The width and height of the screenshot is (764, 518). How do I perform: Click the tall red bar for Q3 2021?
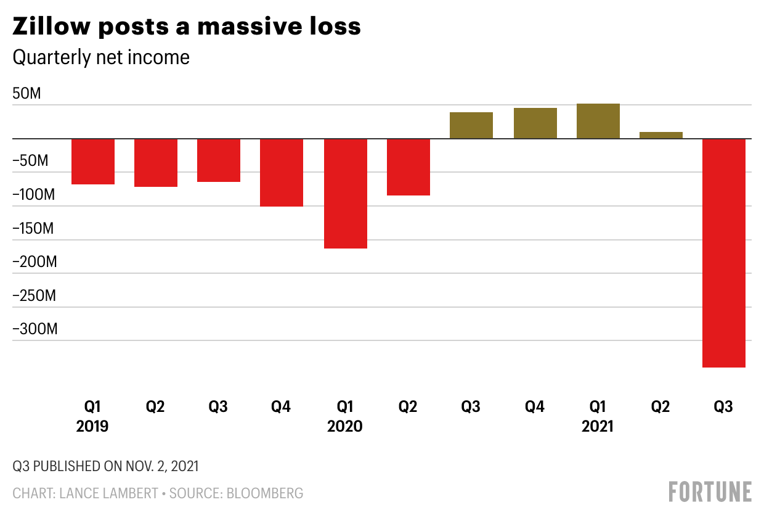(724, 253)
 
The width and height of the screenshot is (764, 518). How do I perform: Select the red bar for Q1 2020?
(346, 194)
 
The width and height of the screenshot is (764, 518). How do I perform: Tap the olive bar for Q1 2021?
(598, 121)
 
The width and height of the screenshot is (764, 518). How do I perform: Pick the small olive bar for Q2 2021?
(661, 135)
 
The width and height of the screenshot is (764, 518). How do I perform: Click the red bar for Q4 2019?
(282, 173)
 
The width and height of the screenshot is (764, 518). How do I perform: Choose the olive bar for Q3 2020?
(471, 125)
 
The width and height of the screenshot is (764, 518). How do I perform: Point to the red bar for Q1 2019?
(93, 162)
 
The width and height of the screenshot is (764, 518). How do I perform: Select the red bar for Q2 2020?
(408, 167)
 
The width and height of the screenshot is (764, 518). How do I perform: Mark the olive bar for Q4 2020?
(535, 123)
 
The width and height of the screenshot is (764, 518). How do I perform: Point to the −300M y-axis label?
(35, 329)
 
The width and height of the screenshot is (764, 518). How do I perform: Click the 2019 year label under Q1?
(92, 426)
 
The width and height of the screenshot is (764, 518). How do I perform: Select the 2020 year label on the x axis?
(345, 426)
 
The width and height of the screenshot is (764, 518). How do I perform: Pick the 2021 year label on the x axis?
(598, 426)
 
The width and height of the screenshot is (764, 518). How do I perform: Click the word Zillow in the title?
(51, 27)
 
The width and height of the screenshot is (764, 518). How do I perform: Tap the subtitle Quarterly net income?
(101, 57)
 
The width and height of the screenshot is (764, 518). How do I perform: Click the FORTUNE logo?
(710, 491)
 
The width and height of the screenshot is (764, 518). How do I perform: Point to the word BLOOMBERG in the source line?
(266, 493)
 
